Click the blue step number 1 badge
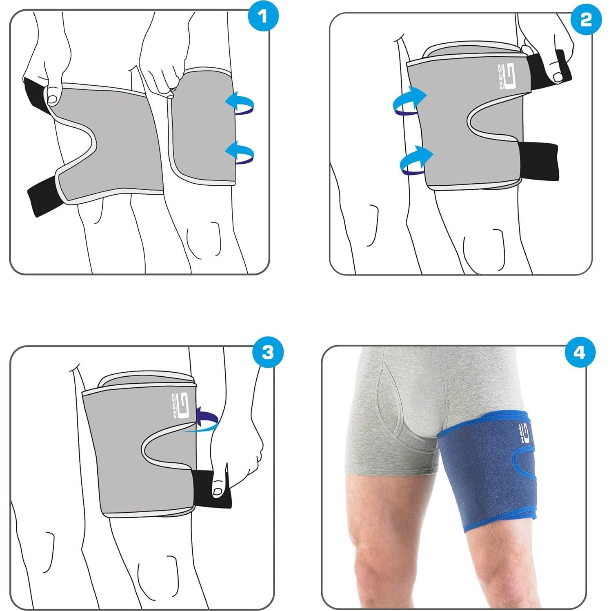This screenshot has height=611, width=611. [263, 18]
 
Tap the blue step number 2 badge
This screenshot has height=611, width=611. [586, 19]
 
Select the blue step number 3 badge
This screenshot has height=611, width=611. [267, 352]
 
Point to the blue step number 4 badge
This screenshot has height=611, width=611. [580, 352]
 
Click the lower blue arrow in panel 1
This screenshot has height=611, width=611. [240, 153]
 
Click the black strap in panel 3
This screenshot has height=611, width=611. [210, 488]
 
